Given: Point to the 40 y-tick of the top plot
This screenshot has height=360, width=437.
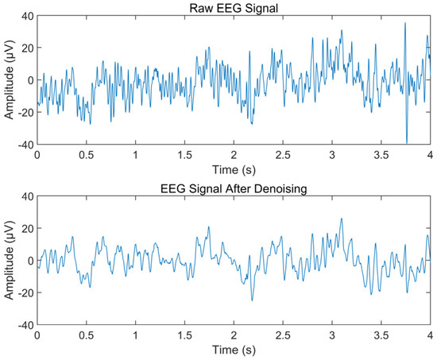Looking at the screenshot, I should click(25, 15).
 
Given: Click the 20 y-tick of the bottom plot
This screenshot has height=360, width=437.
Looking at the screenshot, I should click(25, 228).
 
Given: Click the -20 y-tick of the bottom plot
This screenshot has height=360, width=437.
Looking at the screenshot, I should click(24, 292).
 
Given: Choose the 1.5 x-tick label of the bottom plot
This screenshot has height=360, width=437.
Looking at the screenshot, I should click(184, 335).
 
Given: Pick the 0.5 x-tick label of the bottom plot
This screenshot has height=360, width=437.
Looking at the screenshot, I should click(86, 335).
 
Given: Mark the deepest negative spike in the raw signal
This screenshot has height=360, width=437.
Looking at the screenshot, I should click(407, 142).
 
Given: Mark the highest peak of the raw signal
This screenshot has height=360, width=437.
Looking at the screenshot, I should click(404, 23).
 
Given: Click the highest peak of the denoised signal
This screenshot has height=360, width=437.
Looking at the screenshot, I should click(342, 219).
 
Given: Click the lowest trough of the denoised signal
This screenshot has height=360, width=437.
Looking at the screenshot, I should click(252, 300).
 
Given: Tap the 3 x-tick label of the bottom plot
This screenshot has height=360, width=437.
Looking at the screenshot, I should click(332, 335).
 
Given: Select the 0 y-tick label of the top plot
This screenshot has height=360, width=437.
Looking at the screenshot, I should click(29, 79).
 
